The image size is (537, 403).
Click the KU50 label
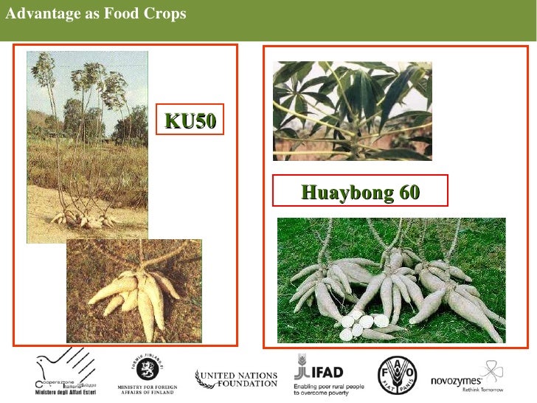190,121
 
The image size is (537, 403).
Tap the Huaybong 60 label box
360,193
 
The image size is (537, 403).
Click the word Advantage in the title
38,14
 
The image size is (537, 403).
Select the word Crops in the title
164,14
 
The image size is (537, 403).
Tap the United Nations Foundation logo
236,379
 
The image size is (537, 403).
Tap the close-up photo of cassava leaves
352,111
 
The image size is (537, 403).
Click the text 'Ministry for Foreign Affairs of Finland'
145,389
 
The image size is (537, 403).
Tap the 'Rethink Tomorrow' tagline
482,388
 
